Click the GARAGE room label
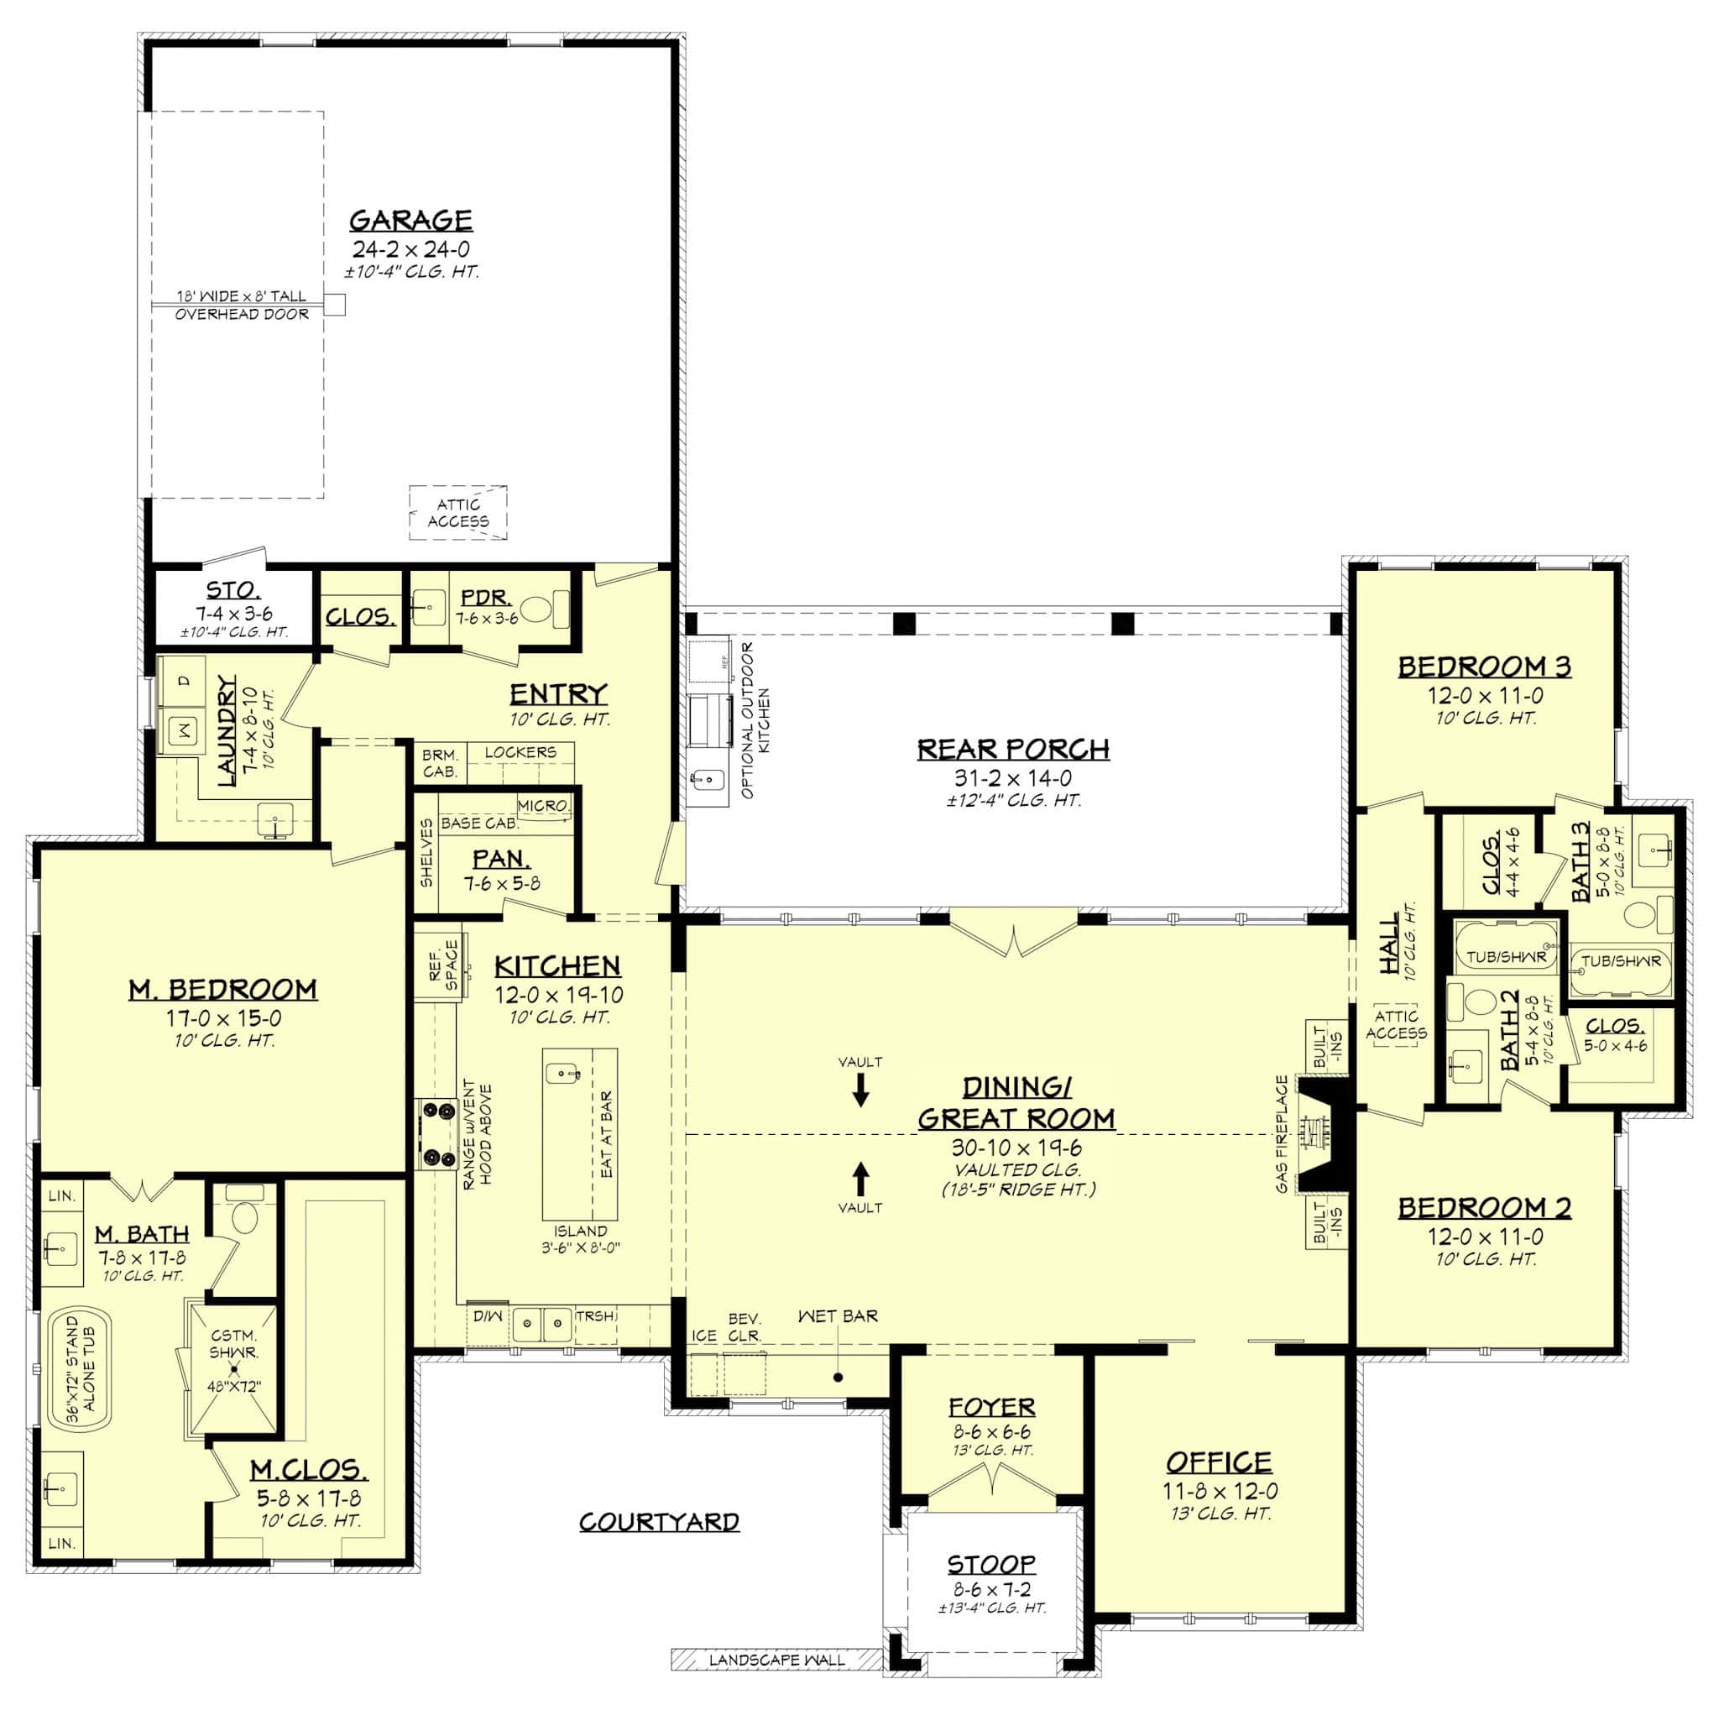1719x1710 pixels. (410, 221)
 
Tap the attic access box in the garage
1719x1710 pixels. (458, 512)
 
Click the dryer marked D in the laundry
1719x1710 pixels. (183, 682)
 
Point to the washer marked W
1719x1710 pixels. (185, 731)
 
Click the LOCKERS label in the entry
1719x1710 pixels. (520, 753)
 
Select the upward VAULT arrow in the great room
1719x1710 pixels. (860, 1179)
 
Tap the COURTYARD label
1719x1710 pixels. (659, 1522)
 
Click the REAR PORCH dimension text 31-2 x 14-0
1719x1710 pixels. (1012, 778)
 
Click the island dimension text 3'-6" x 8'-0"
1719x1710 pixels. (580, 1247)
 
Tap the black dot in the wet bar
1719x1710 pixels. (839, 1378)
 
